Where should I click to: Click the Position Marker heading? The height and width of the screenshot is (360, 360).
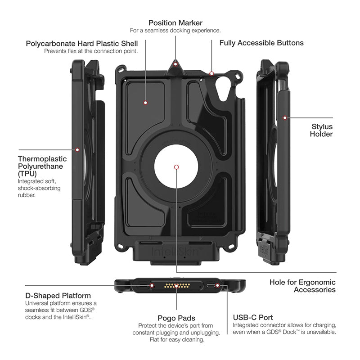[175, 22]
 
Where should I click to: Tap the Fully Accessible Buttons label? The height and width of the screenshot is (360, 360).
[261, 43]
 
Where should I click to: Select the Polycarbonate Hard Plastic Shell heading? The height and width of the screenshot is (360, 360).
[82, 44]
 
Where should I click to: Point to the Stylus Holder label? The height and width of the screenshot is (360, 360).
[322, 130]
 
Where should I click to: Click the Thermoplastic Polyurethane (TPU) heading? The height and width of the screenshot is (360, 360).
[42, 166]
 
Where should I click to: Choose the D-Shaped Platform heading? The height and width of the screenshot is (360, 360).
[58, 296]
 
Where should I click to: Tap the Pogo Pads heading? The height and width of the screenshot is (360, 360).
[176, 317]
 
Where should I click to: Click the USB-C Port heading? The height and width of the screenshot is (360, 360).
[253, 317]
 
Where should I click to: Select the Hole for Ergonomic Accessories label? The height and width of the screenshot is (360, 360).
[302, 286]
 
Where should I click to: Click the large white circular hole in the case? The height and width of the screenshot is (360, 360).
[176, 167]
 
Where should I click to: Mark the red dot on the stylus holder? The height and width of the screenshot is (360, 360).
[284, 117]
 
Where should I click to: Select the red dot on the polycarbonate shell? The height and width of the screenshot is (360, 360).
[145, 103]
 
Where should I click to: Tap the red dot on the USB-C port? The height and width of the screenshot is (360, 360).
[218, 285]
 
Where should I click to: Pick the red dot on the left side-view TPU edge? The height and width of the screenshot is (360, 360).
[77, 149]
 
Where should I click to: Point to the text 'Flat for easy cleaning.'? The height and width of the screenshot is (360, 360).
[176, 339]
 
